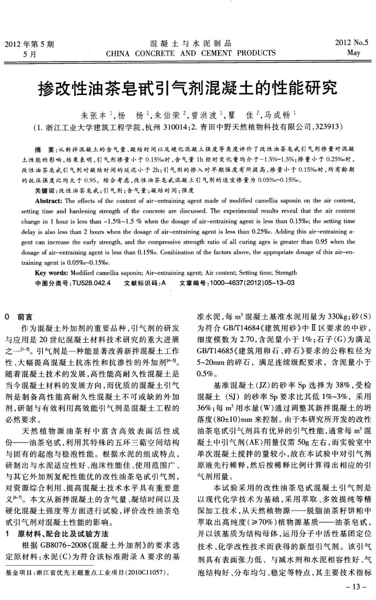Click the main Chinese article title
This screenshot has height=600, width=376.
[187, 88]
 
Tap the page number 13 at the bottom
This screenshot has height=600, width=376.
[354, 586]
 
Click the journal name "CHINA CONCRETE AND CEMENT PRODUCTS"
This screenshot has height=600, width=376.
[191, 53]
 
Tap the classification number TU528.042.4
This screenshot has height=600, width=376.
[91, 283]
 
